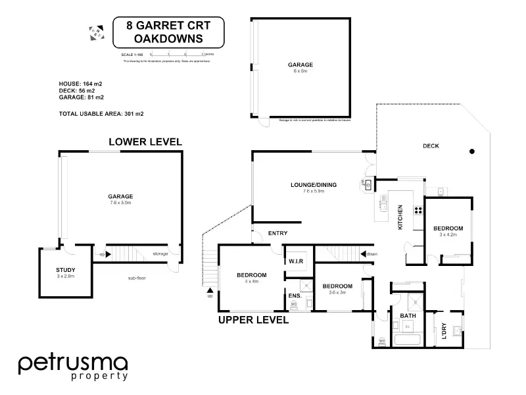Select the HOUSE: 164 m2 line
80,84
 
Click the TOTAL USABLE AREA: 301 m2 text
101,114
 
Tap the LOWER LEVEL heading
145,142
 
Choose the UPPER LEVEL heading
253,321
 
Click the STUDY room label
66,270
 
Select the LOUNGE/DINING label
314,185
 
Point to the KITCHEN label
400,217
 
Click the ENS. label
295,296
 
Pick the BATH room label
408,316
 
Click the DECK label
431,146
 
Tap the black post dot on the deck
471,152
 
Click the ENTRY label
276,234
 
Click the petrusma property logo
72,366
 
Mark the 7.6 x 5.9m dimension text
314,192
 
